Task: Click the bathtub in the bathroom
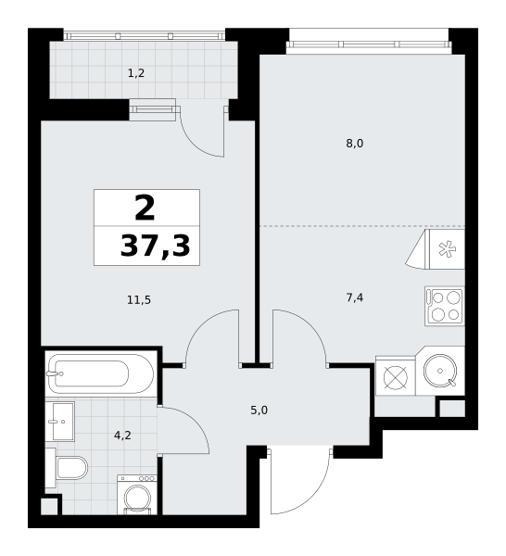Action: (101, 373)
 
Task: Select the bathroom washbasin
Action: (60, 422)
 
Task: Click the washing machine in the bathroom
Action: (137, 495)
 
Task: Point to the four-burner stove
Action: (445, 306)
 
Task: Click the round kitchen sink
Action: (440, 371)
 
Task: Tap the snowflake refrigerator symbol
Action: (447, 249)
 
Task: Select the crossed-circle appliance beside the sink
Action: (396, 376)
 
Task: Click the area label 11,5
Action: (139, 300)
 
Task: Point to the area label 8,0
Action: (355, 144)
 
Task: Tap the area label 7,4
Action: (355, 297)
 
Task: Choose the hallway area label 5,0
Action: (259, 411)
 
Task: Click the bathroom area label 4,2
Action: (122, 436)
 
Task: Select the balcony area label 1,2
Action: (136, 73)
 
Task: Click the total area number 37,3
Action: (156, 246)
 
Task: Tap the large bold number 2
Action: (145, 208)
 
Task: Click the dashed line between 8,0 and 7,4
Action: (362, 226)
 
